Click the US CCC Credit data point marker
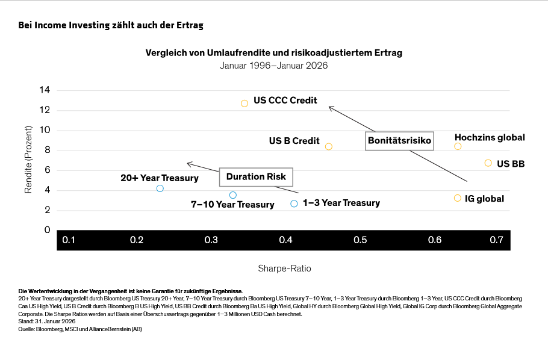coord(244,104)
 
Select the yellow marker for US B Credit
coord(329,146)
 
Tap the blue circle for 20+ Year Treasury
coord(160,188)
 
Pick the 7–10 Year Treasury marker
coord(233,195)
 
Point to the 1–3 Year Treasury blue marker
coord(294,203)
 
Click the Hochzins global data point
coord(458,146)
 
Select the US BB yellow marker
coord(488,163)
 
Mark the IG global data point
coord(458,198)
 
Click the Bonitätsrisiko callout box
coord(400,141)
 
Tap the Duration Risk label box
coord(256,177)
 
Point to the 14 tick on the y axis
coord(45,90)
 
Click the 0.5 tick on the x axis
coord(360,240)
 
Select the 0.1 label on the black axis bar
coord(69,240)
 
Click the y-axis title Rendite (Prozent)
coord(28,160)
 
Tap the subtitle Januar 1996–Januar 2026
coord(273,66)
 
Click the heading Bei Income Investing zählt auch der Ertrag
coord(111,25)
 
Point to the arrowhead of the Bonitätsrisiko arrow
coord(329,107)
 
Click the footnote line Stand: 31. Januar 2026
coord(43,321)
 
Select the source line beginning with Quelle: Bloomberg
coord(80,329)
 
